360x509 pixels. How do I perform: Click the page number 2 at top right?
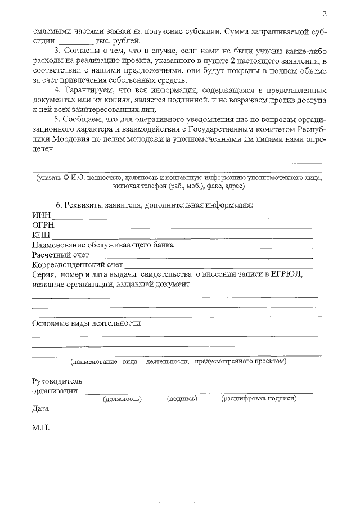325,14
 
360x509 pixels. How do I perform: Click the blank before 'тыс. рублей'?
73,41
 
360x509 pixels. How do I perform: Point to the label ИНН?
42,215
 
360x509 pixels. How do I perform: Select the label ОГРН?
43,225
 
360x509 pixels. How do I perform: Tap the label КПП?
42,235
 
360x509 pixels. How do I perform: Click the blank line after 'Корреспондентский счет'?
218,265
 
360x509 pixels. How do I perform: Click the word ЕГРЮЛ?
285,274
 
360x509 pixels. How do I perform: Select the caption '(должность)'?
121,399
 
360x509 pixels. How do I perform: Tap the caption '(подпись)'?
182,399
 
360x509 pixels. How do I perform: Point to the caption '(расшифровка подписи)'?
259,399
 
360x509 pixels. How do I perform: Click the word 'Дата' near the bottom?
40,408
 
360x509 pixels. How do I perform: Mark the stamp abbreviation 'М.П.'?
41,428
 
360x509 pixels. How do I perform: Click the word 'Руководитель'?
57,381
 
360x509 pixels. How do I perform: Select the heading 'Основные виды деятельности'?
86,323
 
